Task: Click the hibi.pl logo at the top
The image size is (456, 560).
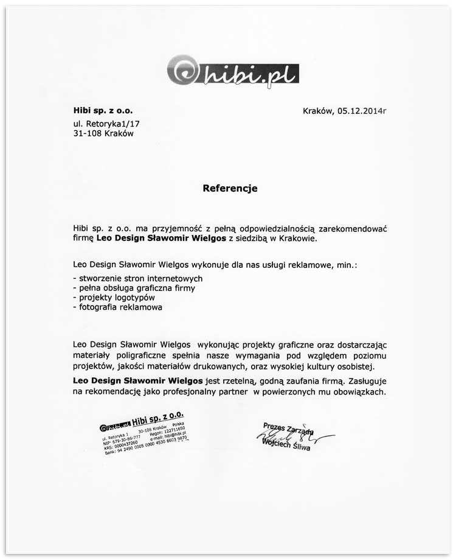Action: (x=233, y=71)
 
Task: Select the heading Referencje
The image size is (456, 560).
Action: (x=230, y=189)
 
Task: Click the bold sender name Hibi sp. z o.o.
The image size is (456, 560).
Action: (x=102, y=111)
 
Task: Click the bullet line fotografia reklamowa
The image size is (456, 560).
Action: (x=117, y=307)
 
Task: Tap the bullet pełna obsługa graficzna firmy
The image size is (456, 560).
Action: (x=133, y=288)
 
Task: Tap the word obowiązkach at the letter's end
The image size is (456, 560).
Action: (x=356, y=393)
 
